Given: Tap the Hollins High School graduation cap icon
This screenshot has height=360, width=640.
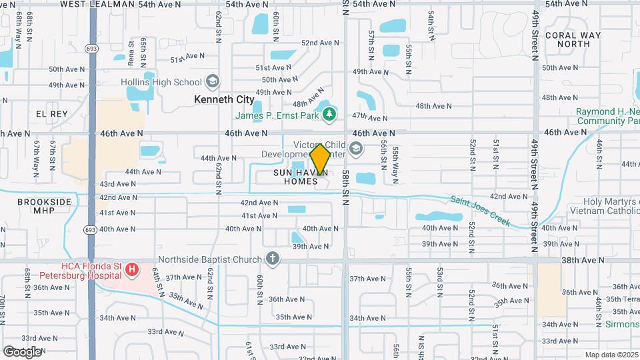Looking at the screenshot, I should (x=213, y=82).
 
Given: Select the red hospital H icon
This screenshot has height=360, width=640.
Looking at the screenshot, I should (x=132, y=270).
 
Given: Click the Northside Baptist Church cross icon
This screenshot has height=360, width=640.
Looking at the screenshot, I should (x=272, y=258).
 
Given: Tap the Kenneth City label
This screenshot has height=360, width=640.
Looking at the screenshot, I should (x=224, y=99).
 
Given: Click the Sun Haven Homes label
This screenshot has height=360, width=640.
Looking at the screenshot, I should (x=300, y=177).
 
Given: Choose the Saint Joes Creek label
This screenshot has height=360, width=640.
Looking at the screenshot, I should (x=480, y=211).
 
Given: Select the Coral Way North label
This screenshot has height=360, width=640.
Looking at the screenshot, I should (x=573, y=39).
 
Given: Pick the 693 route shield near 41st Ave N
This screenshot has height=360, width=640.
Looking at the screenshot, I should (x=92, y=230).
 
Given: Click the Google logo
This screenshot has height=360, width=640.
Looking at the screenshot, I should (x=22, y=351).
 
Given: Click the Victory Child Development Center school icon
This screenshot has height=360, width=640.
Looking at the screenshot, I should (x=356, y=148).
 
